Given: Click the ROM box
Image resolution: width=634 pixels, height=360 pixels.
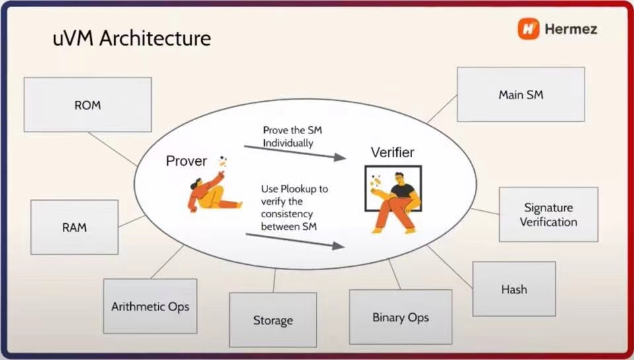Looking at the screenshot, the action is point(88,105).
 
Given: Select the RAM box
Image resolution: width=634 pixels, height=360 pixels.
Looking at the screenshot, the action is point(75,227).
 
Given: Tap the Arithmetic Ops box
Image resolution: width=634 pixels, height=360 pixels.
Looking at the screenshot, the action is point(151,306).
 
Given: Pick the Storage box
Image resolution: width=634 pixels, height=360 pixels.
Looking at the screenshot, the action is point(273,320).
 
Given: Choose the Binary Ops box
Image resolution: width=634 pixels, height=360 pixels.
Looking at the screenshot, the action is point(401,317).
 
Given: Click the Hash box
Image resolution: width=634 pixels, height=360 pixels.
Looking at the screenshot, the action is point(514,289).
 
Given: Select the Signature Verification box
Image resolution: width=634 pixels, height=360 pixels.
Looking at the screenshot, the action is point(549,215).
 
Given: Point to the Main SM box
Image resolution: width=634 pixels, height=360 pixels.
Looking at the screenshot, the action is point(521,94).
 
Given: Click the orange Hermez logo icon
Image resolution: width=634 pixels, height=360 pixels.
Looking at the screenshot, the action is point(528,28).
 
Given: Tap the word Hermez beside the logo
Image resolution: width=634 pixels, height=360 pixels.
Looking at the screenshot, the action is point(571,29).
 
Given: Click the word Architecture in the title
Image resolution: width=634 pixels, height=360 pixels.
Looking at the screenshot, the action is point(155,38).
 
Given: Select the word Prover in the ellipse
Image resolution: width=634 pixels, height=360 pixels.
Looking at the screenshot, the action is point(186,161).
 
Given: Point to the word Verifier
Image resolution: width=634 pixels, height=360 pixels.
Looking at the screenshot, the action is point(392,153).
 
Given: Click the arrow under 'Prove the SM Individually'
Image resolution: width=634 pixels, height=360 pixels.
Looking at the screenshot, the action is point(295,153).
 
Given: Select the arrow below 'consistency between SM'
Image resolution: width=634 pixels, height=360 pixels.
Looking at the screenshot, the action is point(295,240).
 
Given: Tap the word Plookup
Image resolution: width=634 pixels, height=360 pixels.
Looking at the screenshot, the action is point(299,189).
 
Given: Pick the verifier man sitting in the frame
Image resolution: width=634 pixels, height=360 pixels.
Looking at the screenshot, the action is point(396,202).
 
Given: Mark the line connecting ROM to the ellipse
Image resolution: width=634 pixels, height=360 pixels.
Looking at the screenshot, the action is point(112,149).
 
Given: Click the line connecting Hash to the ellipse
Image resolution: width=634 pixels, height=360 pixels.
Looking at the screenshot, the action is point(450,267).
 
